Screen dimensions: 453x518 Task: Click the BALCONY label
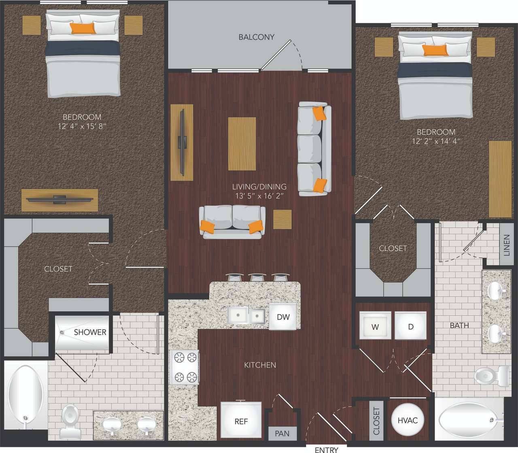coord(256,37)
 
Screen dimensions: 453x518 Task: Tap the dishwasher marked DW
coord(283,317)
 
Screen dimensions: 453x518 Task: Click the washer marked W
coord(375,326)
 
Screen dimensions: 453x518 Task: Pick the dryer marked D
coord(410,326)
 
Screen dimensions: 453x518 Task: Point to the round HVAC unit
coord(407,420)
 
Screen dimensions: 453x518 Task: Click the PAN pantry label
coord(282,433)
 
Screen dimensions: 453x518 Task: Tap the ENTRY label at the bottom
coord(326,449)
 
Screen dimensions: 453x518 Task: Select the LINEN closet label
coord(506,245)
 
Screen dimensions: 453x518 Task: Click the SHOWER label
coord(90,332)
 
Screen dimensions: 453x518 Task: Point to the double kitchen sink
coord(246,315)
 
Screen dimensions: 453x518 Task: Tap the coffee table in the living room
coord(242,144)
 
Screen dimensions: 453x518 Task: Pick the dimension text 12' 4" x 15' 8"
coord(82,126)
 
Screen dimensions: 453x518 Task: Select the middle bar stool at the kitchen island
coord(256,277)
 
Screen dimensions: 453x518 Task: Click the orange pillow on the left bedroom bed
coord(83,28)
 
